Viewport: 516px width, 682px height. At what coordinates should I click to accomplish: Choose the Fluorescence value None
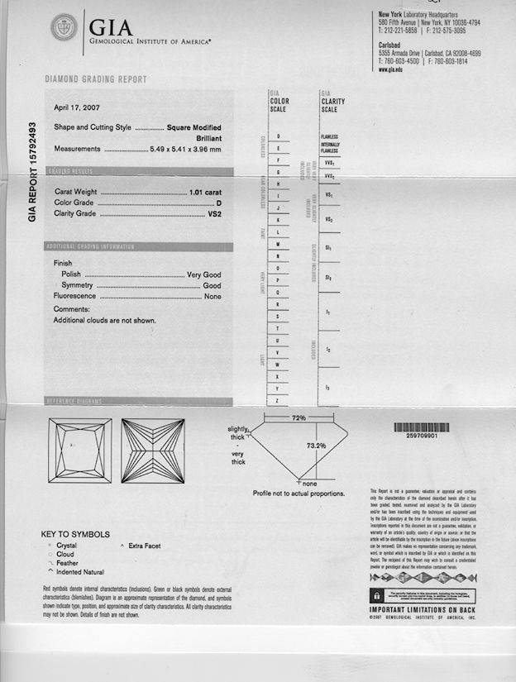point(213,296)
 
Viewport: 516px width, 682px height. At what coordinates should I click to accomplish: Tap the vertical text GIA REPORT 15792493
point(33,174)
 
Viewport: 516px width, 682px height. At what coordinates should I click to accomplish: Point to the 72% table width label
point(299,419)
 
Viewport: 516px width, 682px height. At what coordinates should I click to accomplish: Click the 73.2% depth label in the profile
point(316,446)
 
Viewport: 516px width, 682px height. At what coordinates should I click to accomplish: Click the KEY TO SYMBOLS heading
point(75,534)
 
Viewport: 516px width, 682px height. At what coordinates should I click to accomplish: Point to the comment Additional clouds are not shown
point(104,320)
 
